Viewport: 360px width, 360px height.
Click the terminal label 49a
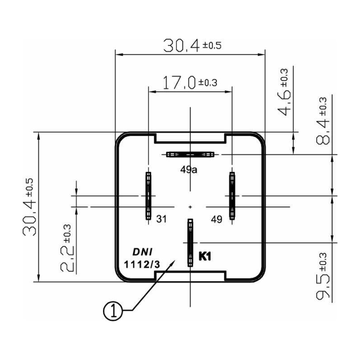pyautogui.click(x=189, y=170)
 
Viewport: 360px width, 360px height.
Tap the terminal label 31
pyautogui.click(x=162, y=219)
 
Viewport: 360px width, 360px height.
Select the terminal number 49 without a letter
pyautogui.click(x=216, y=219)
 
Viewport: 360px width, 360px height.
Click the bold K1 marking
pyautogui.click(x=205, y=256)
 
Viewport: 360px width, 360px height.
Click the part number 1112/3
pyautogui.click(x=141, y=264)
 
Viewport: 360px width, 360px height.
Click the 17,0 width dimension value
pyautogui.click(x=179, y=82)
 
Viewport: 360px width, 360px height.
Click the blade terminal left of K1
pyautogui.click(x=190, y=243)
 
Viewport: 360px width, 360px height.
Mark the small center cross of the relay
pyautogui.click(x=190, y=207)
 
